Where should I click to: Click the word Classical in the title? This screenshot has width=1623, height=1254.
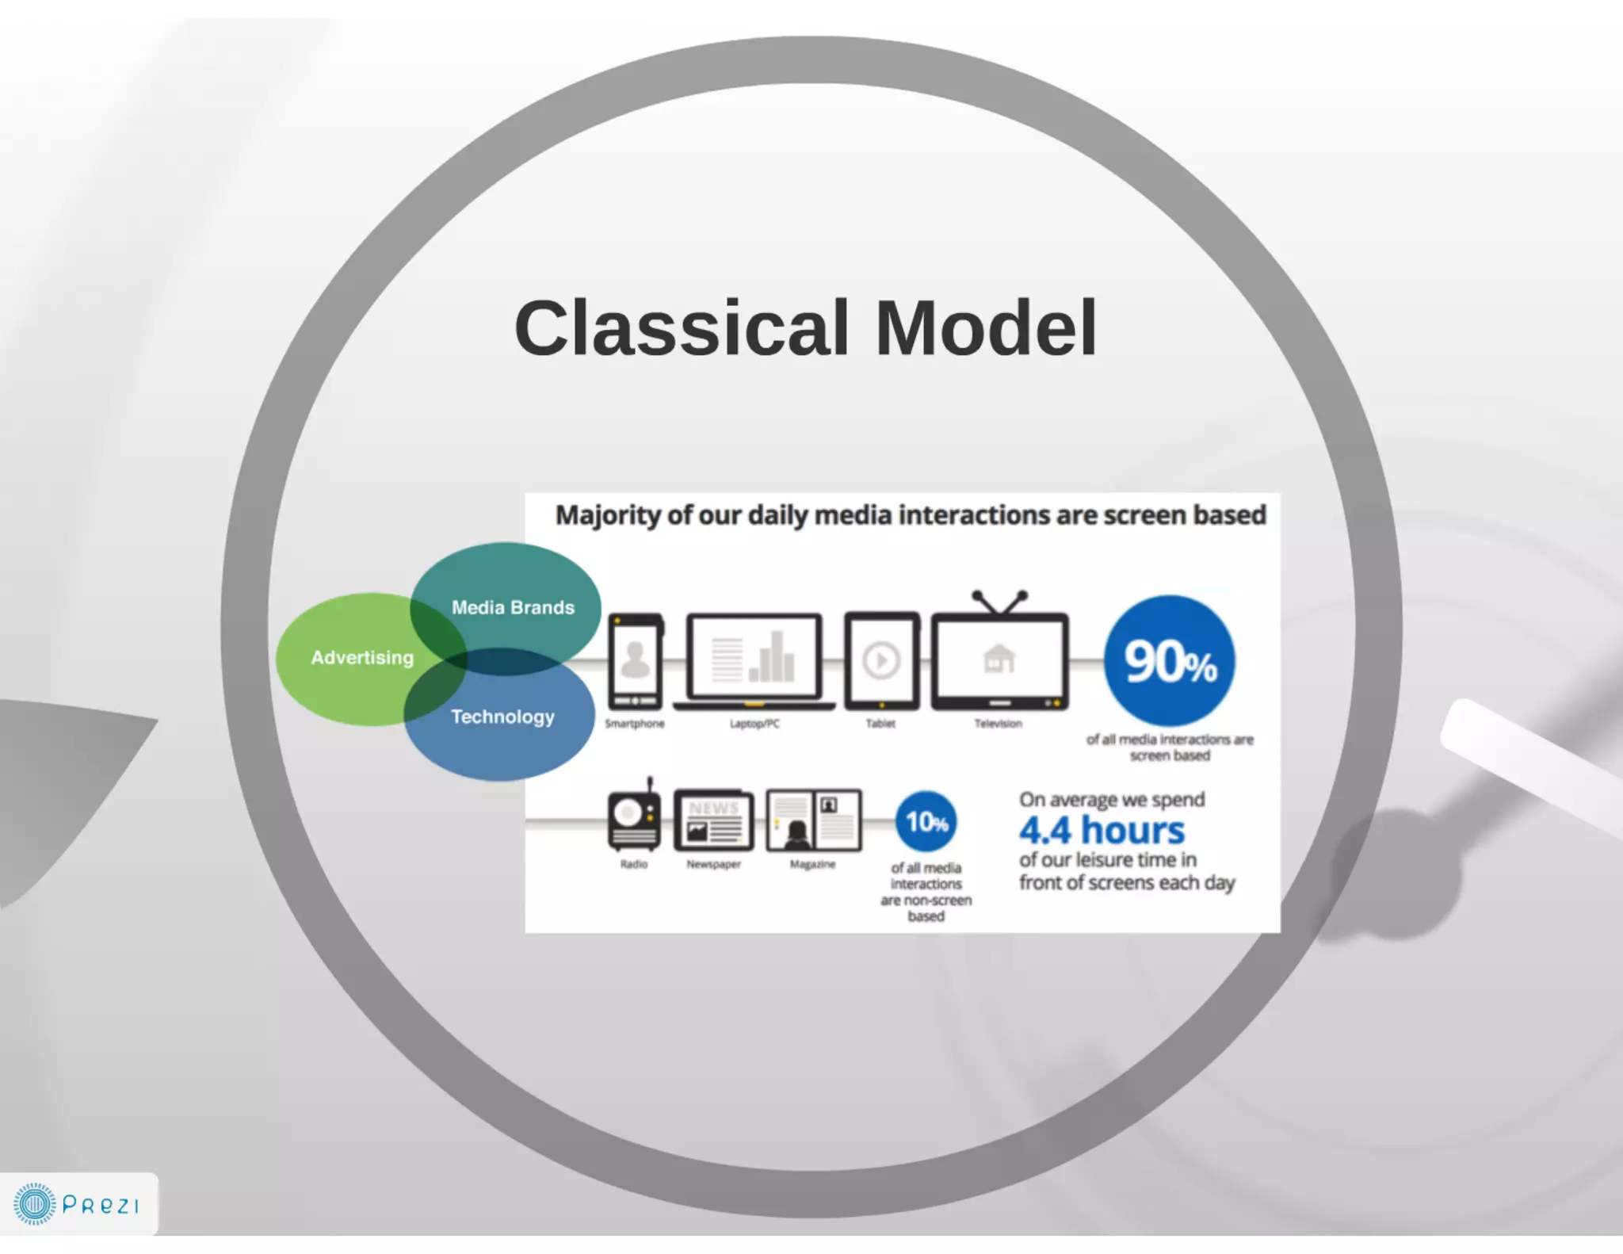pos(682,328)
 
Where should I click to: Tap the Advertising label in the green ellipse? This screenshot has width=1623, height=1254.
pos(362,657)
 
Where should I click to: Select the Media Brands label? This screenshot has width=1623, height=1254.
pos(513,607)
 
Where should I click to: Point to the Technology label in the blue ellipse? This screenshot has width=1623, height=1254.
pos(502,717)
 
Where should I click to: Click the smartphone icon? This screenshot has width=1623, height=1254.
pos(635,662)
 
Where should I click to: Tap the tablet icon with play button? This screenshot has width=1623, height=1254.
pos(881,662)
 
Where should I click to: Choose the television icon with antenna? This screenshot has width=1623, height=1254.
pos(999,654)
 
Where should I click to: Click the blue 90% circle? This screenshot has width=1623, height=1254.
pos(1170,661)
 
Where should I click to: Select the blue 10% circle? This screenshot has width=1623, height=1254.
pos(926,822)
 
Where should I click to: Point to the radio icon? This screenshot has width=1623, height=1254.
pos(634,818)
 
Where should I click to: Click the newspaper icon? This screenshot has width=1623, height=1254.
pos(713,820)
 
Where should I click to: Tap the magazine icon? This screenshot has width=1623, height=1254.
pos(814,820)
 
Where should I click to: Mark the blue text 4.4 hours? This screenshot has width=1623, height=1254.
pos(1102,830)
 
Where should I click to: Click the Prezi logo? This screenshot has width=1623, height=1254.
pos(78,1204)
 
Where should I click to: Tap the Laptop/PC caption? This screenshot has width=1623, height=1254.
pos(754,724)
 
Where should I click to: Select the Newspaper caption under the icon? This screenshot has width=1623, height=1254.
pos(713,864)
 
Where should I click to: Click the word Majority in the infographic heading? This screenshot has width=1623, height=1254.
pos(607,515)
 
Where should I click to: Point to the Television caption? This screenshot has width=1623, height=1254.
pos(998,724)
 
